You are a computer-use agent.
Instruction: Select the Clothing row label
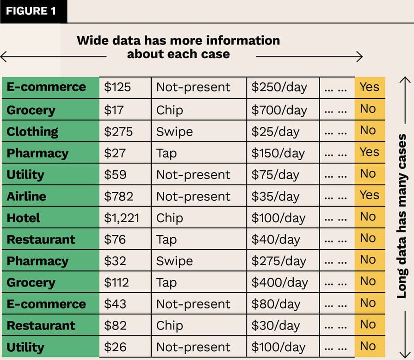pyautogui.click(x=32, y=131)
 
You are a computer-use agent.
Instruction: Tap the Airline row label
pyautogui.click(x=26, y=196)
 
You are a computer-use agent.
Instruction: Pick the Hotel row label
pyautogui.click(x=23, y=218)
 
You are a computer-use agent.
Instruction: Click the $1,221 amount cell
pyautogui.click(x=121, y=218)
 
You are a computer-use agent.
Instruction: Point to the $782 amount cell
pyautogui.click(x=118, y=196)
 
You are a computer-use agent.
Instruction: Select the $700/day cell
pyautogui.click(x=279, y=110)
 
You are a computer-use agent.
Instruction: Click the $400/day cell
pyautogui.click(x=279, y=282)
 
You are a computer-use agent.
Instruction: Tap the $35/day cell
pyautogui.click(x=275, y=196)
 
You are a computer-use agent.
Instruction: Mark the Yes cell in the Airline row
pyautogui.click(x=369, y=195)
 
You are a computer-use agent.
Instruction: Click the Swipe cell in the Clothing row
pyautogui.click(x=174, y=131)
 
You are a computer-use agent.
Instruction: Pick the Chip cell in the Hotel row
pyautogui.click(x=169, y=218)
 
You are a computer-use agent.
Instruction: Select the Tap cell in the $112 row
pyautogui.click(x=166, y=282)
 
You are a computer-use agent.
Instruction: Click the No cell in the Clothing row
pyautogui.click(x=368, y=130)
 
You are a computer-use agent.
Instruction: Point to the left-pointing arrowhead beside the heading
pyautogui.click(x=4, y=57)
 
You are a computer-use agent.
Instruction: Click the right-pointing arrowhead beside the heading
pyautogui.click(x=359, y=57)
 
